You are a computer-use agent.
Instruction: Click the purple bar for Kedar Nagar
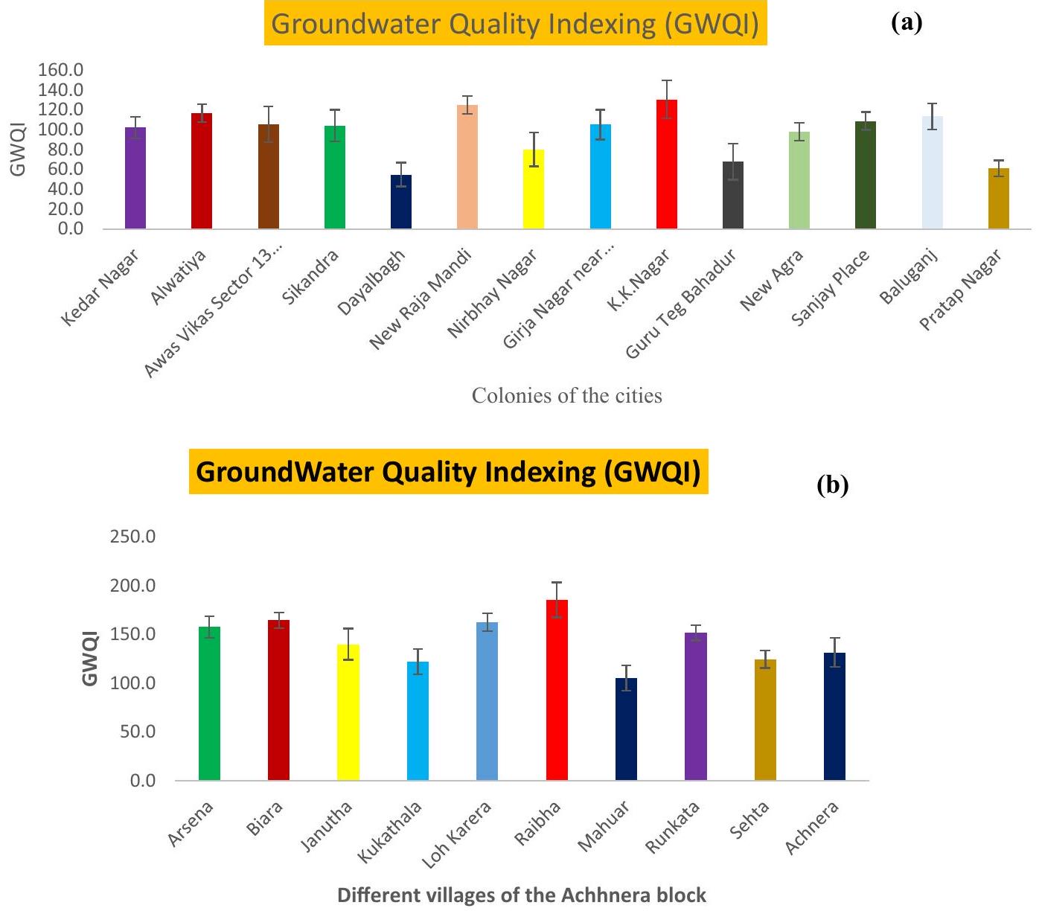pyautogui.click(x=135, y=179)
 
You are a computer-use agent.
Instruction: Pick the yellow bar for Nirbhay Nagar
pyautogui.click(x=534, y=190)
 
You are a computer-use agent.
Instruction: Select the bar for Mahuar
pyautogui.click(x=627, y=729)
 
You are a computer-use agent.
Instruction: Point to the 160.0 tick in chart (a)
pyautogui.click(x=60, y=70)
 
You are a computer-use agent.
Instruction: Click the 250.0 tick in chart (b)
pyautogui.click(x=132, y=537)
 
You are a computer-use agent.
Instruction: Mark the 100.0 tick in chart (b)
pyautogui.click(x=132, y=683)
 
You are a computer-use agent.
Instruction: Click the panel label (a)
pyautogui.click(x=906, y=23)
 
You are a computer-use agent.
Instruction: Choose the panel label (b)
pyautogui.click(x=832, y=485)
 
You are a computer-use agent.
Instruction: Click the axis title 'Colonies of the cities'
pyautogui.click(x=566, y=395)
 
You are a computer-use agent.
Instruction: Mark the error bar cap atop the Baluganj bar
pyautogui.click(x=932, y=103)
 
